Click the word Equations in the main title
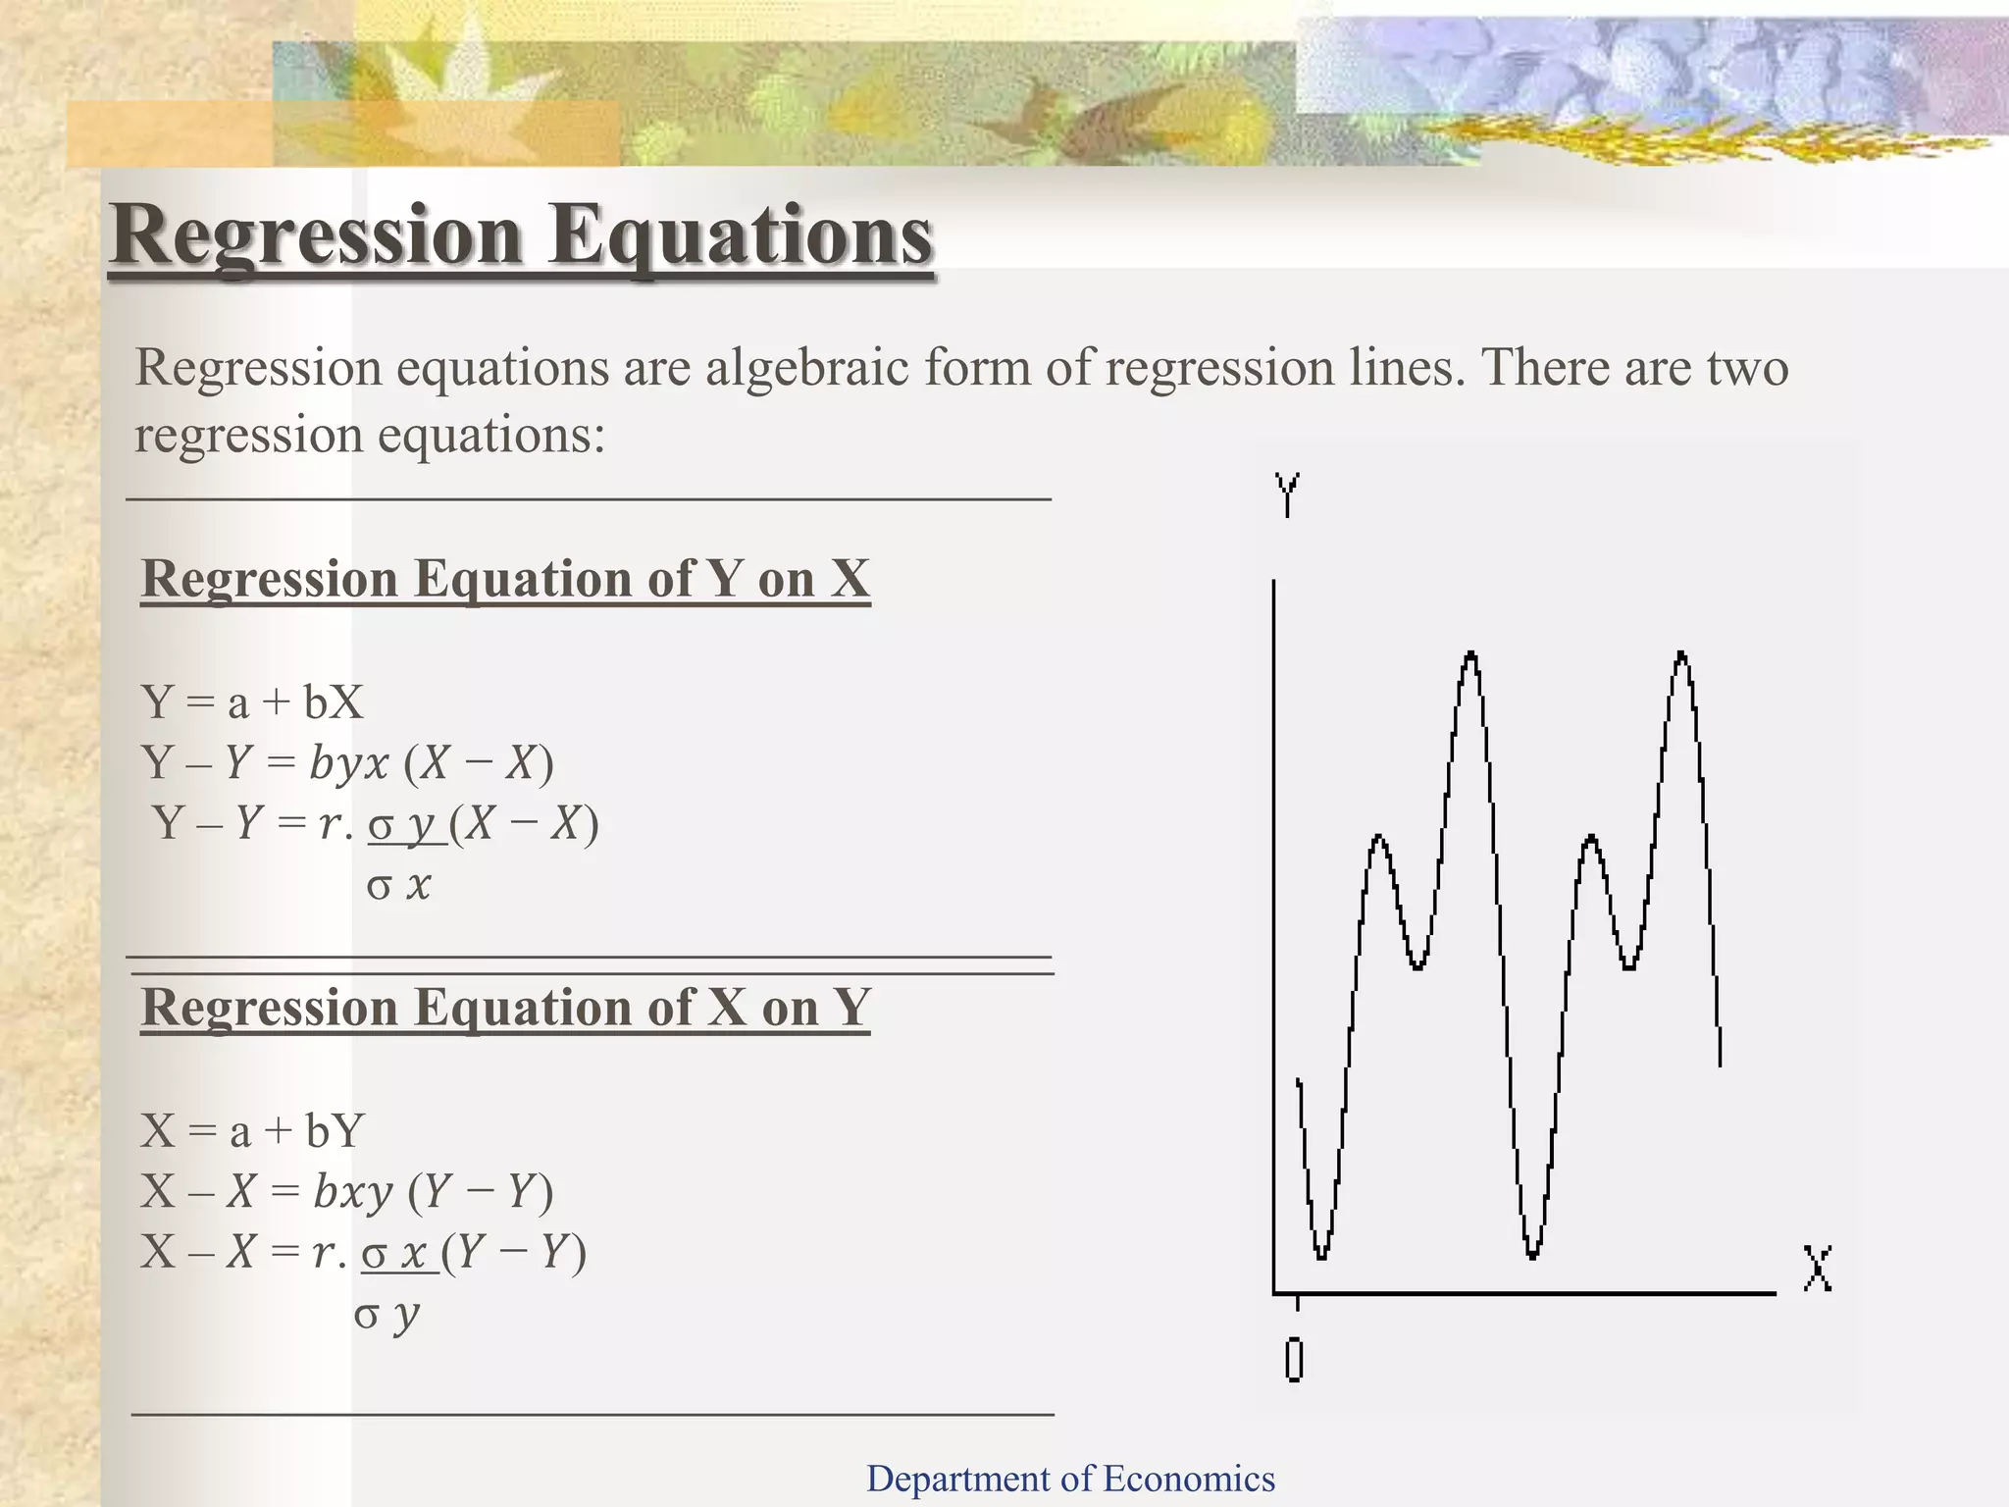coord(740,235)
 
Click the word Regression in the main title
coord(316,235)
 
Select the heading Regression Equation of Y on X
coord(505,579)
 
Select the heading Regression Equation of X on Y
coord(505,1008)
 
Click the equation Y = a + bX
coord(252,702)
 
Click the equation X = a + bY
coord(252,1131)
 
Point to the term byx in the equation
coord(349,762)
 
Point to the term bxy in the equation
coord(352,1191)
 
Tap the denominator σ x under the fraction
coord(398,885)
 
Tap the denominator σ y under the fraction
coord(386,1314)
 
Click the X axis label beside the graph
coord(1817,1269)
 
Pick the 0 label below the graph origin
coord(1294,1360)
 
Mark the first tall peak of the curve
coord(1470,655)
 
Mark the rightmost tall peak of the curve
coord(1682,655)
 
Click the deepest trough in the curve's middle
coord(1532,1254)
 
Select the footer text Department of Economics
coord(1070,1479)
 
